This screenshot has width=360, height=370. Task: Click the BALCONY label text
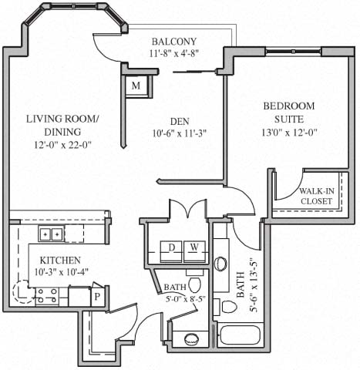174,41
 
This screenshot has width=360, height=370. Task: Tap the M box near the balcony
136,86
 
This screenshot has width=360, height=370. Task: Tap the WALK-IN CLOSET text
316,196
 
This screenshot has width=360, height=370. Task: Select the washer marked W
195,247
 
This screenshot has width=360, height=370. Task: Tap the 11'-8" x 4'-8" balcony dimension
174,54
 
